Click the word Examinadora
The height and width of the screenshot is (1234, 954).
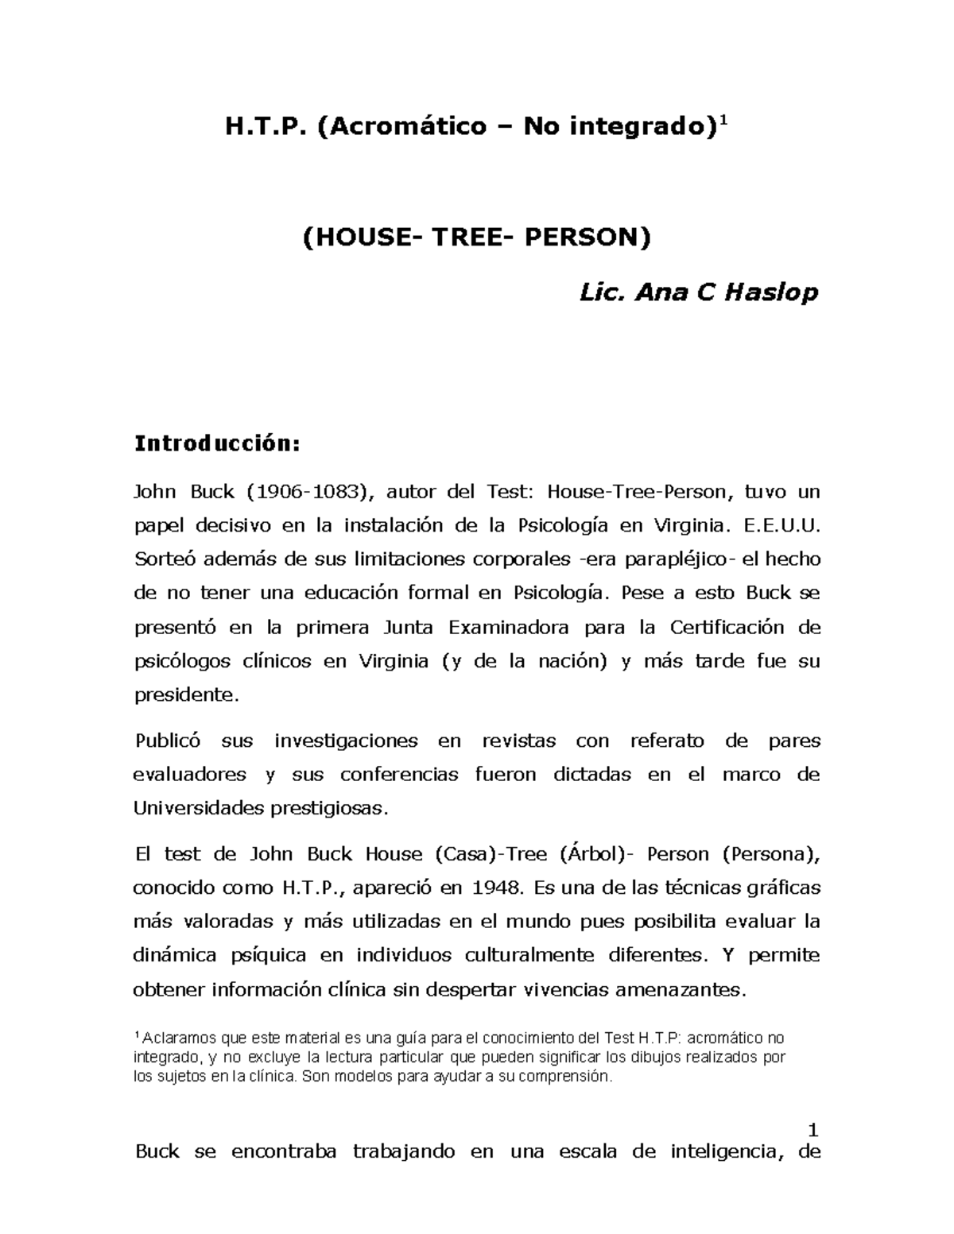click(509, 628)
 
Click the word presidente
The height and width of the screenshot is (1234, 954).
click(185, 695)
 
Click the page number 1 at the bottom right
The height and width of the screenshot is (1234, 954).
click(812, 1130)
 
